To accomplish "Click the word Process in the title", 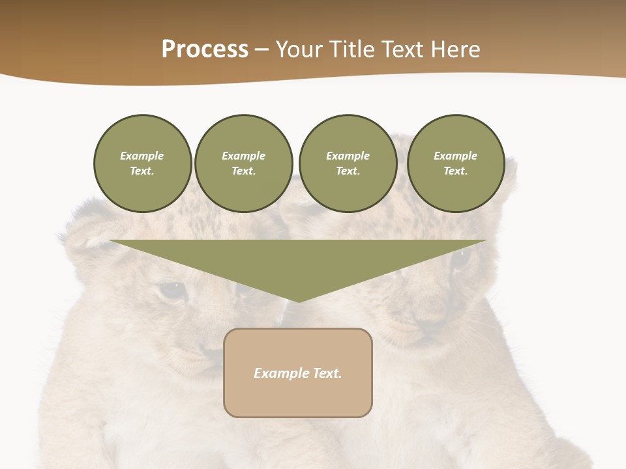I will [x=205, y=50].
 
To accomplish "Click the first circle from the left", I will [x=142, y=163].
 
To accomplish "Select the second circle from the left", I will [x=243, y=163].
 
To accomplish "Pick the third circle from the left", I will [x=348, y=163].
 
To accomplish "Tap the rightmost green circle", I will [x=455, y=163].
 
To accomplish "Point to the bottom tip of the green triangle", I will [x=299, y=300].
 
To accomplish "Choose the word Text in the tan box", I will [x=327, y=373].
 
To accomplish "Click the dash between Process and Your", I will [x=262, y=50].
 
